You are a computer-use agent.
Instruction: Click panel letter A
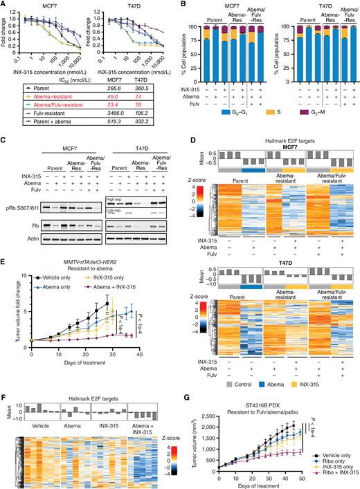5,6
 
